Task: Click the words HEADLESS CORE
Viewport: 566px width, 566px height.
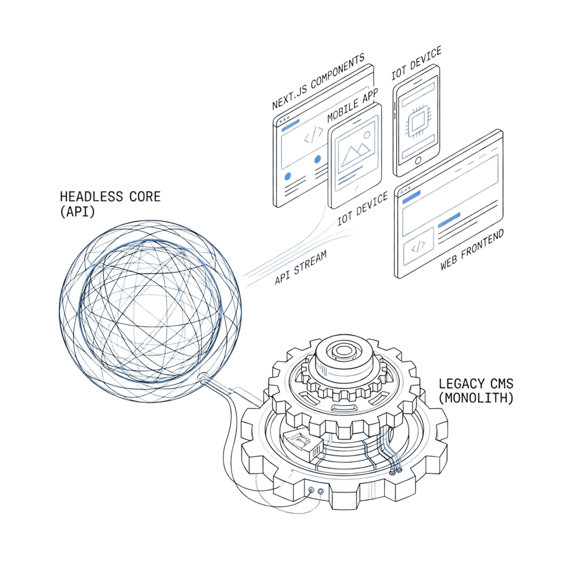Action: click(x=110, y=196)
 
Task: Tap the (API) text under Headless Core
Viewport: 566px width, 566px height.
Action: click(x=77, y=211)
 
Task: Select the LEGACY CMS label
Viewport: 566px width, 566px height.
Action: click(x=476, y=383)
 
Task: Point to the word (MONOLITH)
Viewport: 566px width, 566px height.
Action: click(x=476, y=397)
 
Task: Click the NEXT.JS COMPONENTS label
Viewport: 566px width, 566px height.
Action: click(x=318, y=82)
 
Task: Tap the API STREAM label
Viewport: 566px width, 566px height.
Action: click(x=300, y=267)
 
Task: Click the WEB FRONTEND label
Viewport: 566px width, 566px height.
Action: click(x=472, y=250)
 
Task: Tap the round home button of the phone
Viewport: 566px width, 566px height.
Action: click(x=418, y=161)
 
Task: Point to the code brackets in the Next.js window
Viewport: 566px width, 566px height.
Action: click(x=313, y=135)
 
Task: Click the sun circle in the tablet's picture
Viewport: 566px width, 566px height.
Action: click(x=367, y=135)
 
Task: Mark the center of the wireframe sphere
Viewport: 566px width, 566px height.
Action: click(x=150, y=311)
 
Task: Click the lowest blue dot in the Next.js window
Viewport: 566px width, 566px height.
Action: click(x=287, y=176)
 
